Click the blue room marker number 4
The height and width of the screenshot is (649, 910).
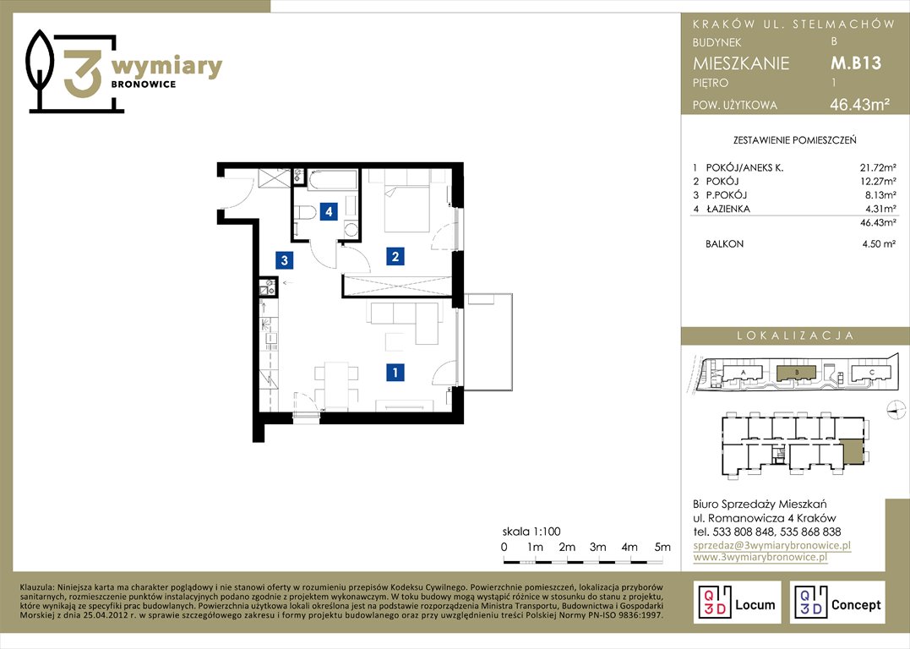(x=329, y=211)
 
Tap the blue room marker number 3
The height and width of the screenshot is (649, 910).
(x=285, y=260)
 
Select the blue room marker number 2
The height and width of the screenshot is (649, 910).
(x=395, y=256)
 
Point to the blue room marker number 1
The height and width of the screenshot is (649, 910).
(x=395, y=372)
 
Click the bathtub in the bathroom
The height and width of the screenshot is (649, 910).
(x=332, y=179)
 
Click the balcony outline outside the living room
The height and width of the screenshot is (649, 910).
(x=488, y=342)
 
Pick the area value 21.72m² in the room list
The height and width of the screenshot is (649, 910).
(x=878, y=168)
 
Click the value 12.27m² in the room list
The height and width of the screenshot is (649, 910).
(x=878, y=182)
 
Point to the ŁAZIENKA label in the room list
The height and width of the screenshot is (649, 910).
(x=727, y=209)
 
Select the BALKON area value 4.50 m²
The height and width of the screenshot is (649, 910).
(x=879, y=244)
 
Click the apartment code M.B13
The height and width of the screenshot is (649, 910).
(x=856, y=63)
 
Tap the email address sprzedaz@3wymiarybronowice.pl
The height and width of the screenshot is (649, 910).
(x=772, y=545)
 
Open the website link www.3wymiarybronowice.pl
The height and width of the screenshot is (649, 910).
(x=760, y=557)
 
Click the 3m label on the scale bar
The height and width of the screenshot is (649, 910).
(x=597, y=547)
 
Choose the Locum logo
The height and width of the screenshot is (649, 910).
(x=737, y=602)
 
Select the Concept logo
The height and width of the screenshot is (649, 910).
(x=837, y=602)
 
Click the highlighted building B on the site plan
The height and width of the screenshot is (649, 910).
(x=797, y=373)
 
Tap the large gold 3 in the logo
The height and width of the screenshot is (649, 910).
(x=83, y=74)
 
